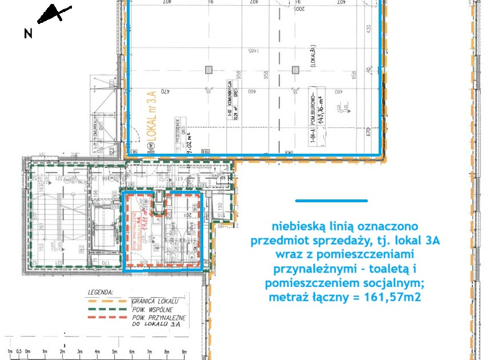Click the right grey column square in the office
pyautogui.click(x=295, y=70)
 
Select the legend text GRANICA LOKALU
pyautogui.click(x=156, y=301)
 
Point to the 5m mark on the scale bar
pyautogui.click(x=115, y=350)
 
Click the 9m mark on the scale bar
pyautogui.click(x=184, y=350)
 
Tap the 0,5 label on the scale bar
pyautogui.click(x=19, y=350)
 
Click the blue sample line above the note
pyautogui.click(x=331, y=201)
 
